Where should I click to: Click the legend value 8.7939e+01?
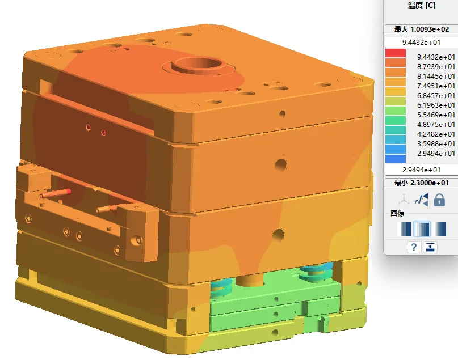point(436,67)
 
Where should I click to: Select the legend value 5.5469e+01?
point(436,115)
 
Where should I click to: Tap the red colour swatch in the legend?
point(396,53)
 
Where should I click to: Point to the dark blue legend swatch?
point(396,159)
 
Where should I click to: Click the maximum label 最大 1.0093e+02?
point(422,29)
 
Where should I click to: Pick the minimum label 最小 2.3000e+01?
point(421,183)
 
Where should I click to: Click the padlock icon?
point(439,200)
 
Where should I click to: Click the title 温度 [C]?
point(422,5)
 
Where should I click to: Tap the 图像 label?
point(397,214)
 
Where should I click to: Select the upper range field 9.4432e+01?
point(421,43)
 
